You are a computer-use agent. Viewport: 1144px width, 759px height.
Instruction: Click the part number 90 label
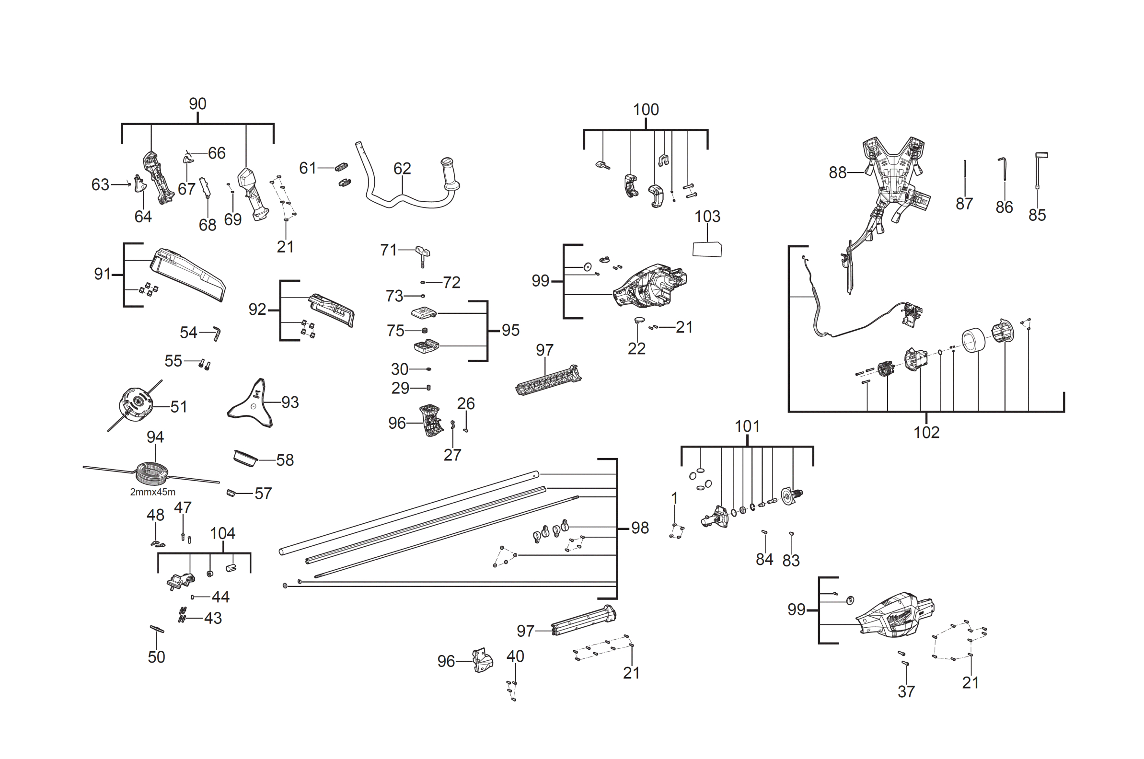(197, 103)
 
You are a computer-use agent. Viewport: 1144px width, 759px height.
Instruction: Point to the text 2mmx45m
(152, 492)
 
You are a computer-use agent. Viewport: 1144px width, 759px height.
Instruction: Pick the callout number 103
(707, 217)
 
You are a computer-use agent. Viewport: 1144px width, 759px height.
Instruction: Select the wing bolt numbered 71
(423, 254)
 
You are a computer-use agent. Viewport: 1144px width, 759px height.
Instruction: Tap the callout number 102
(926, 432)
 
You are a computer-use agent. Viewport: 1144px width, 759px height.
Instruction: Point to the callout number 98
(640, 528)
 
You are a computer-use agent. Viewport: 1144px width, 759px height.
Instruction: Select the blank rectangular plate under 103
(707, 249)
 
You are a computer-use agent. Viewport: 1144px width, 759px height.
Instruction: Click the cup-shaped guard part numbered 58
(245, 458)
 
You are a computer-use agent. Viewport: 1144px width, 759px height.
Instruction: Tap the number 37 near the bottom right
(906, 692)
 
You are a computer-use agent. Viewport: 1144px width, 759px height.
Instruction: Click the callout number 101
(747, 426)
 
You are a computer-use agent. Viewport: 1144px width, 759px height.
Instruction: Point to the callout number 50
(156, 657)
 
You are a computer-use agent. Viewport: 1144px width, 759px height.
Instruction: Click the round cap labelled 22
(639, 320)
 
